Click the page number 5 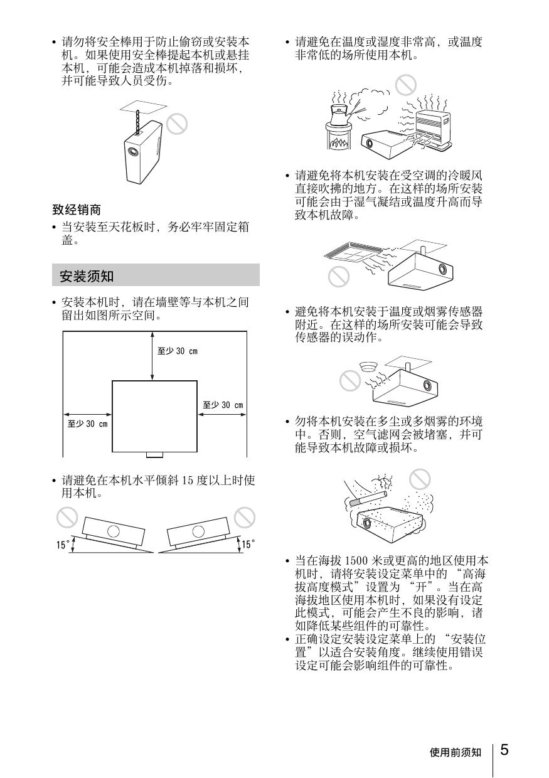pos(504,750)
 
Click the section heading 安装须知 pos(87,276)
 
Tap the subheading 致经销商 pos(77,210)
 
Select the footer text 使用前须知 pos(456,752)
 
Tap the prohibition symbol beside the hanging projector pos(177,124)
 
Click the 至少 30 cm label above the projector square pos(177,351)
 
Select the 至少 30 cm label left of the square pos(87,424)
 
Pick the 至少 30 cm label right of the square pos(223,405)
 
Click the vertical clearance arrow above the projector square pos(152,356)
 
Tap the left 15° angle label pos(63,545)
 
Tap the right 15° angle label pos(248,544)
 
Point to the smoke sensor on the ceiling pos(369,366)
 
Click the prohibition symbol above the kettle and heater pos(405,85)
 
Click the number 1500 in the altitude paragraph pos(356,561)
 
